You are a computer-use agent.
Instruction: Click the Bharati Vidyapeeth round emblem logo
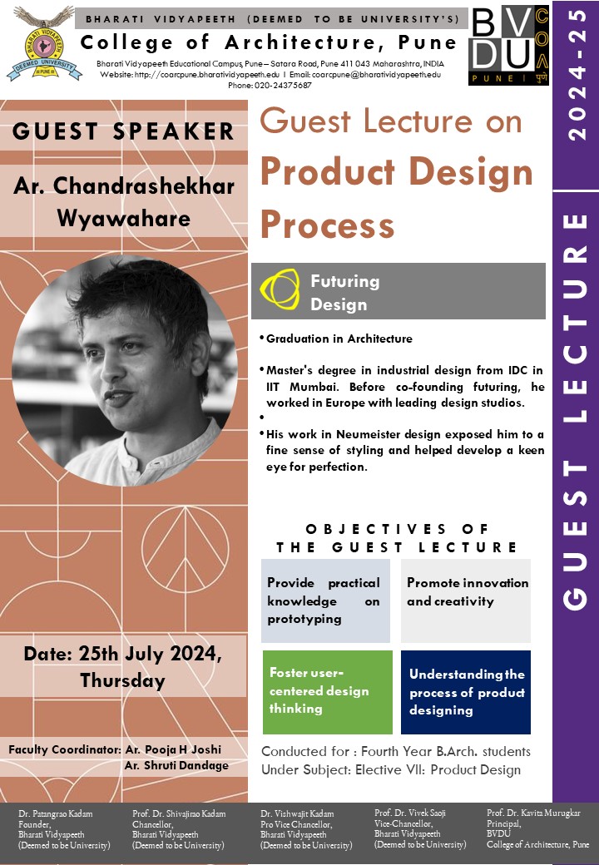(43, 43)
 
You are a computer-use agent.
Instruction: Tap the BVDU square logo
(508, 42)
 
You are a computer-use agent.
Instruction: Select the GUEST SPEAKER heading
(123, 131)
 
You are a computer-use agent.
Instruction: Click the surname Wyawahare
(123, 218)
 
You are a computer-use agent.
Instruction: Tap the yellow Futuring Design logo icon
(280, 290)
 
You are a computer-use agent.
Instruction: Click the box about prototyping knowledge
(324, 601)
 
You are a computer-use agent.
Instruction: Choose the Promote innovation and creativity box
(467, 592)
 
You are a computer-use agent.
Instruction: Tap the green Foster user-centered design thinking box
(325, 691)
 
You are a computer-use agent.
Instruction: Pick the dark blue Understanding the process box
(466, 692)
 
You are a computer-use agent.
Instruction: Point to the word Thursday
(122, 680)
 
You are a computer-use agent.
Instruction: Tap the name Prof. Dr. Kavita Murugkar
(533, 812)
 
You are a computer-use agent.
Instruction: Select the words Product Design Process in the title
(396, 197)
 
